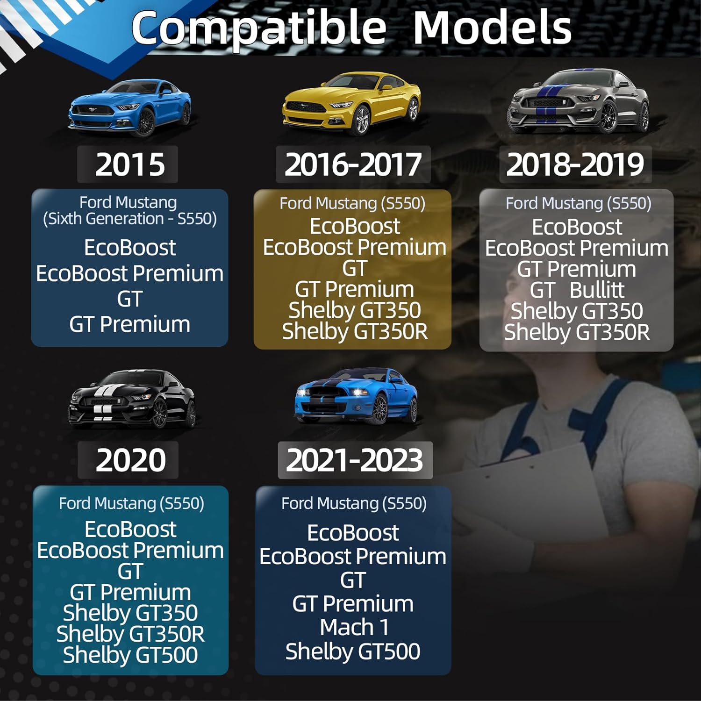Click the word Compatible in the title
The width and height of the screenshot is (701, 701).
[259, 28]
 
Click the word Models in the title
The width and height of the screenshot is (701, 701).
[492, 28]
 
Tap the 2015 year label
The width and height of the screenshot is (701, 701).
[130, 165]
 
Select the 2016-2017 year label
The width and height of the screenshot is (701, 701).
[353, 165]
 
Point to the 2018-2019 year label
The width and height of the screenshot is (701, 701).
[575, 165]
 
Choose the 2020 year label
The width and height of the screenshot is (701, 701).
[131, 460]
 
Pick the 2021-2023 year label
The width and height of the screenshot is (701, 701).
[355, 460]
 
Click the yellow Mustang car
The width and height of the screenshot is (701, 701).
[351, 103]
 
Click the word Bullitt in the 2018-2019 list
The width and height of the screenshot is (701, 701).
[597, 290]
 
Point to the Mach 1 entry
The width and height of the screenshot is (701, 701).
[354, 628]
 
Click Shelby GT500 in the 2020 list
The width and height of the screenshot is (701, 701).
[130, 655]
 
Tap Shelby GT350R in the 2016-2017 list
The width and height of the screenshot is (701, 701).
[355, 332]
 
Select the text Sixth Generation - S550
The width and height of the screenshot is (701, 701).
[130, 219]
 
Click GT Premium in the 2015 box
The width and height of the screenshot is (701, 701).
[130, 324]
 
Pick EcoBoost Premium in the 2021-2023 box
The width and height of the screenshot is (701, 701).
[353, 557]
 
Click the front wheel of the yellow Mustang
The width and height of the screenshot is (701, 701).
[361, 120]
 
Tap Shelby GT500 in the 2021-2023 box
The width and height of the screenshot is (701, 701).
[353, 651]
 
